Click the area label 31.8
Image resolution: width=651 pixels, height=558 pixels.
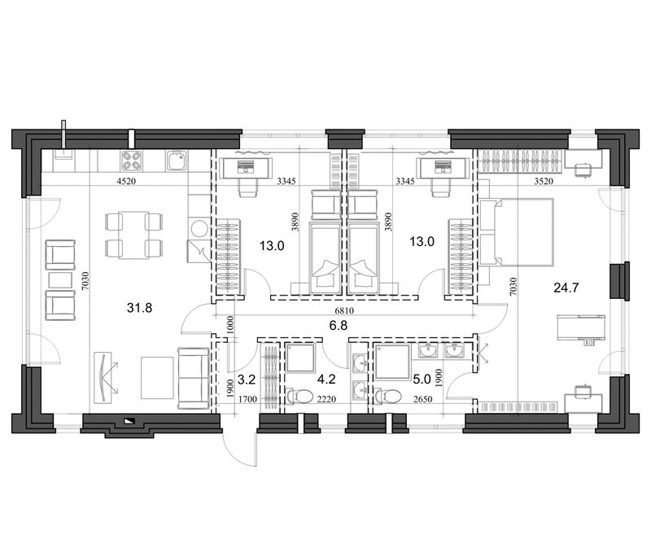point(139,308)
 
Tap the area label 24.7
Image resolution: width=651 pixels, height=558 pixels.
point(566,288)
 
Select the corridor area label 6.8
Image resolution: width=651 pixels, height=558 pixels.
point(339,325)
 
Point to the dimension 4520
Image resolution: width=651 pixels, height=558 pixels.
point(126,181)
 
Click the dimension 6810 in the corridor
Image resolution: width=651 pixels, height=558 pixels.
point(344,311)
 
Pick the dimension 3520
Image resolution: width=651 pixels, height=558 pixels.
point(544,181)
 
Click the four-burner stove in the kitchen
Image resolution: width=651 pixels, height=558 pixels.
point(132,160)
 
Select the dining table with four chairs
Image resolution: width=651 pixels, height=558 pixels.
point(133,235)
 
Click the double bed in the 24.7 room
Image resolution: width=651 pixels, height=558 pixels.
point(517,232)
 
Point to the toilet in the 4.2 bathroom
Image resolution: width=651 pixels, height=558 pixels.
point(299,396)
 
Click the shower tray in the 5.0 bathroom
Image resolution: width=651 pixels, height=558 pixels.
point(393,362)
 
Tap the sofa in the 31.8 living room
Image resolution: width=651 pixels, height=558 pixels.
point(193,378)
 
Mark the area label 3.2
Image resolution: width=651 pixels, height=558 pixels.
point(247,380)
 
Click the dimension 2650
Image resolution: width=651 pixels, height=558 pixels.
point(422,399)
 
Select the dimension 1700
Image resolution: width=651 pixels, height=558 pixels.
point(248,399)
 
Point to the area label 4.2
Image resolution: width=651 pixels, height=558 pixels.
point(326,380)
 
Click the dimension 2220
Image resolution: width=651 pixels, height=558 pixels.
point(326,399)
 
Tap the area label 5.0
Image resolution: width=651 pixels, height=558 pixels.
point(422,380)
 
